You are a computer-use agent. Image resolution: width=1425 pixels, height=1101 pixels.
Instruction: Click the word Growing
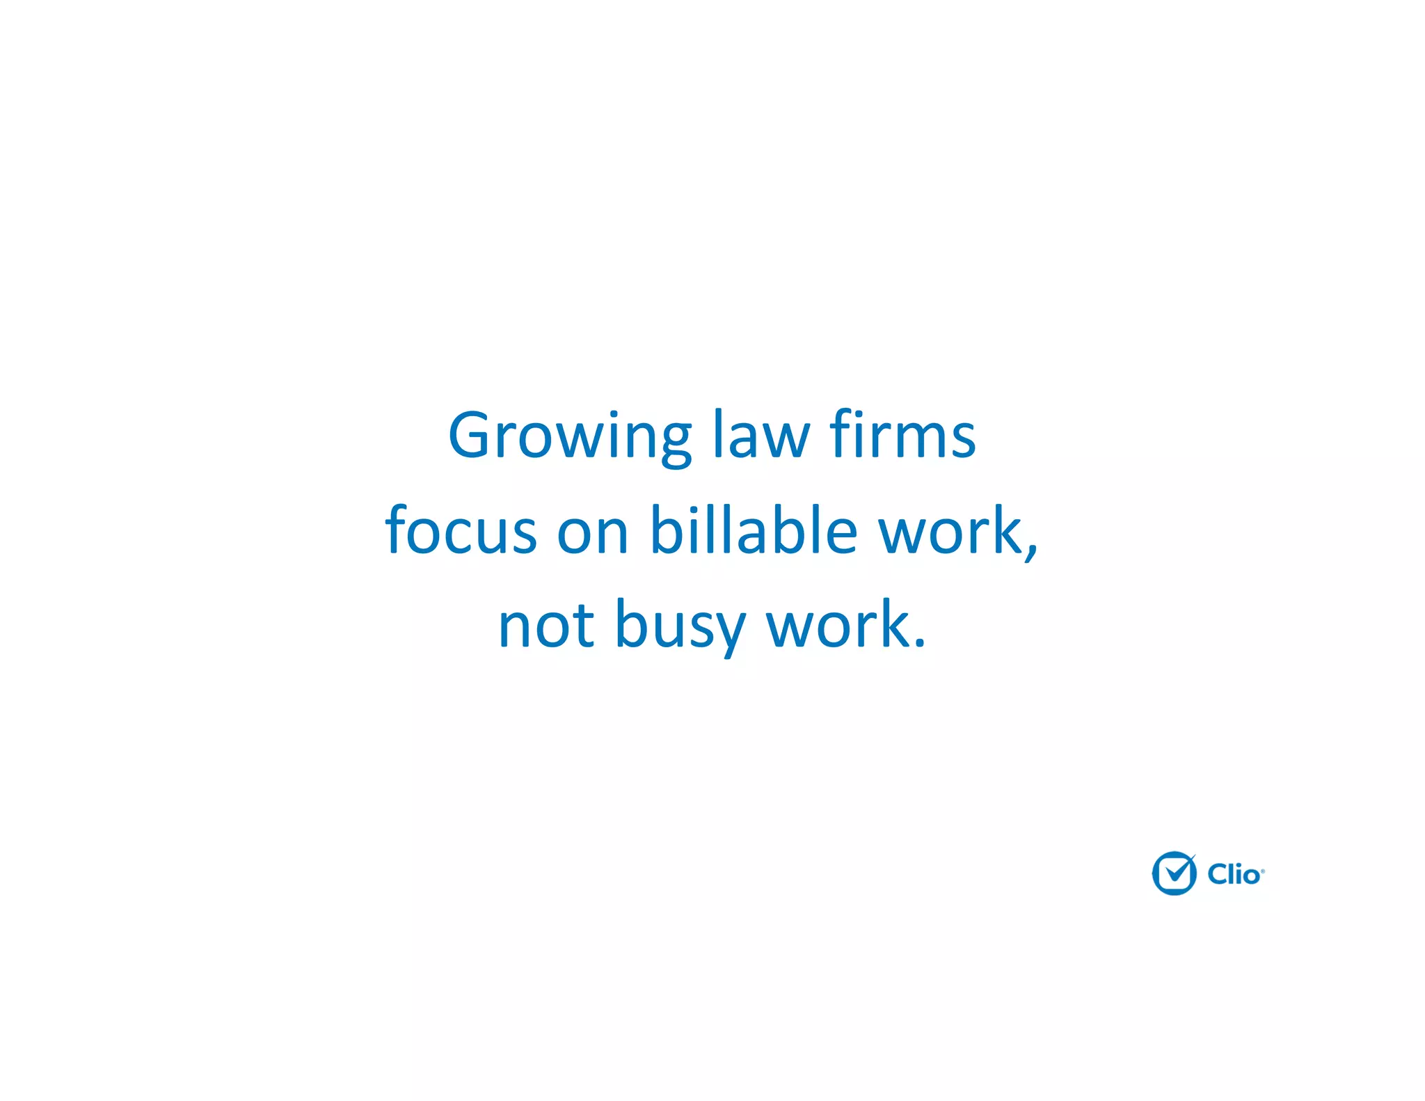click(569, 437)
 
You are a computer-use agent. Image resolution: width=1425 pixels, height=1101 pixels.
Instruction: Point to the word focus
click(461, 530)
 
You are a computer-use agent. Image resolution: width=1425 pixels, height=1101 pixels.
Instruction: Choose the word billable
click(753, 530)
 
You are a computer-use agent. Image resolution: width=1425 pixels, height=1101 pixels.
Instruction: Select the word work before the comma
click(949, 530)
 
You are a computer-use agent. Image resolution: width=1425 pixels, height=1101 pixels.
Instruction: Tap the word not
click(546, 625)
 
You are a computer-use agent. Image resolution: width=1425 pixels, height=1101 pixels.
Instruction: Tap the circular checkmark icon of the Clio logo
click(1174, 873)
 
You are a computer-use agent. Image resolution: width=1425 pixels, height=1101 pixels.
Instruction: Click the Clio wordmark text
click(1233, 874)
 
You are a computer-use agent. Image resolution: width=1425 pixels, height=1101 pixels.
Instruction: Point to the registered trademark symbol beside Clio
click(1263, 871)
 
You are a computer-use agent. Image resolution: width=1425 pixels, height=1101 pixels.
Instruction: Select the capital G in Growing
click(472, 436)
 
